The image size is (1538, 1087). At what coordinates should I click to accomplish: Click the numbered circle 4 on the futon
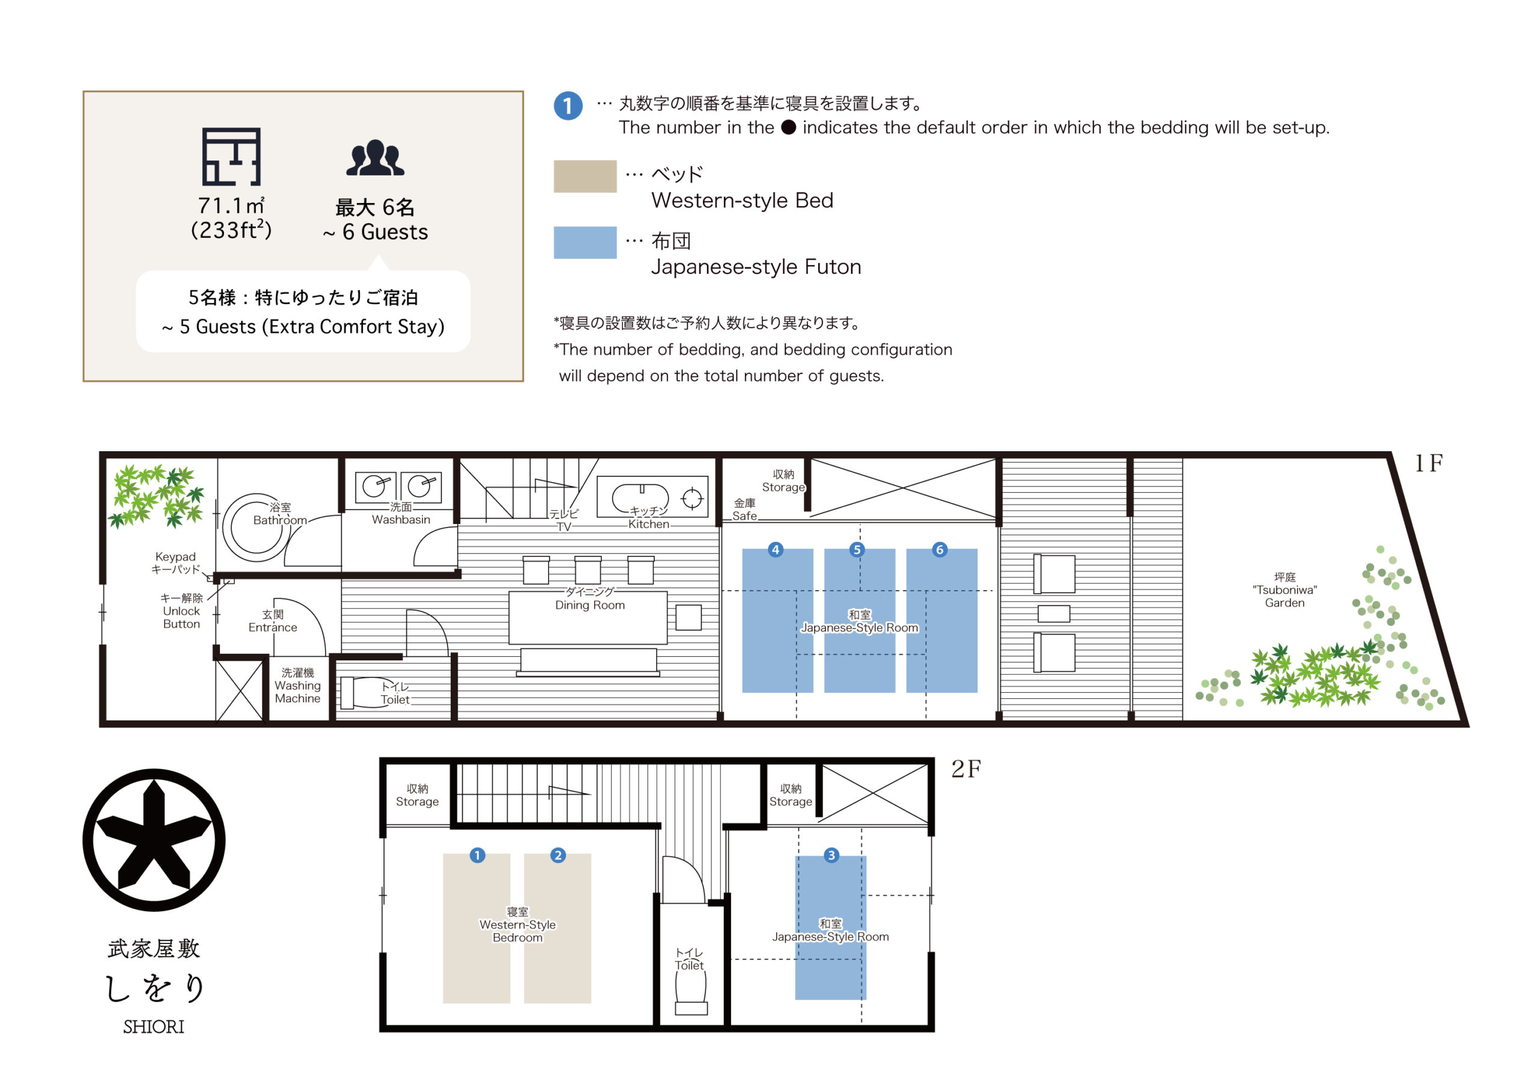pyautogui.click(x=776, y=550)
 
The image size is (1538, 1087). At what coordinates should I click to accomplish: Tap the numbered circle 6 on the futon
pyautogui.click(x=939, y=550)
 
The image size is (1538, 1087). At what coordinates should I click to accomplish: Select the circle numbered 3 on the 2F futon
pyautogui.click(x=831, y=855)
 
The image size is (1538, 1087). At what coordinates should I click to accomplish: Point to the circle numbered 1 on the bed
pyautogui.click(x=478, y=855)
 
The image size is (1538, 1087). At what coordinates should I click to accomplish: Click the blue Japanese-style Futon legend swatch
pyautogui.click(x=585, y=243)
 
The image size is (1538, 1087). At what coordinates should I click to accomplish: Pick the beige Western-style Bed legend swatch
pyautogui.click(x=585, y=176)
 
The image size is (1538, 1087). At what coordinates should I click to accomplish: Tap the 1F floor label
pyautogui.click(x=1428, y=463)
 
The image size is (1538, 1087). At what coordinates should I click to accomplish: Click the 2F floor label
pyautogui.click(x=966, y=769)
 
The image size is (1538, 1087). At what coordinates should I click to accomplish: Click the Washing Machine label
pyautogui.click(x=297, y=686)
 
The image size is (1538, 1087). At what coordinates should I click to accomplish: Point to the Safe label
pyautogui.click(x=744, y=510)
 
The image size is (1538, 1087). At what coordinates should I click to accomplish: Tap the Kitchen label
pyautogui.click(x=648, y=517)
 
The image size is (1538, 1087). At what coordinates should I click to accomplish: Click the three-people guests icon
pyautogui.click(x=375, y=158)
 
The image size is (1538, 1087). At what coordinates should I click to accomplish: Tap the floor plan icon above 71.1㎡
pyautogui.click(x=231, y=156)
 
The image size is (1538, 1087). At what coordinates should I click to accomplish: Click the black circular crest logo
pyautogui.click(x=154, y=839)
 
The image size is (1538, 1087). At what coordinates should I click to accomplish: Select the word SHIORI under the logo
pyautogui.click(x=153, y=1027)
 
